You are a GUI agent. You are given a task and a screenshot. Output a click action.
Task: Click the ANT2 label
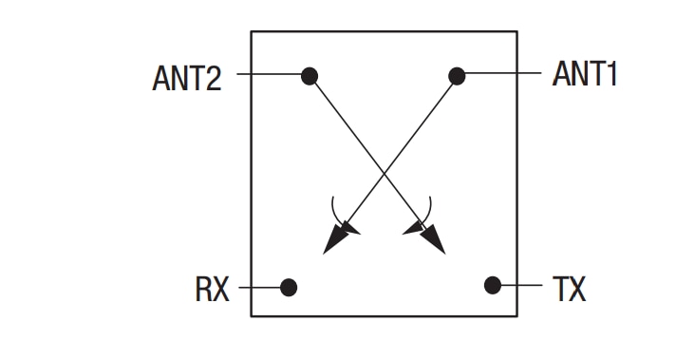click(187, 77)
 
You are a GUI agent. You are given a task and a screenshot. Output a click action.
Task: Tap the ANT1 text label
click(585, 74)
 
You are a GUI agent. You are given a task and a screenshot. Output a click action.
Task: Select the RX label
click(213, 288)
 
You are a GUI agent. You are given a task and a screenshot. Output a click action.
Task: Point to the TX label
click(569, 288)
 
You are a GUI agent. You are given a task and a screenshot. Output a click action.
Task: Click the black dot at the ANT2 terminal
click(309, 75)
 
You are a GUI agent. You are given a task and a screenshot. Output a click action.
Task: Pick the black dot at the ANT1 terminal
click(457, 75)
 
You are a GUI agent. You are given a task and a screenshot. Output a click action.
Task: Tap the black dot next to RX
click(289, 287)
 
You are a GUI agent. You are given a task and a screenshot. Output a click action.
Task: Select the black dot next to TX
click(492, 284)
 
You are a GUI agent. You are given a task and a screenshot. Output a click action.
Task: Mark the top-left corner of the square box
click(252, 32)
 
